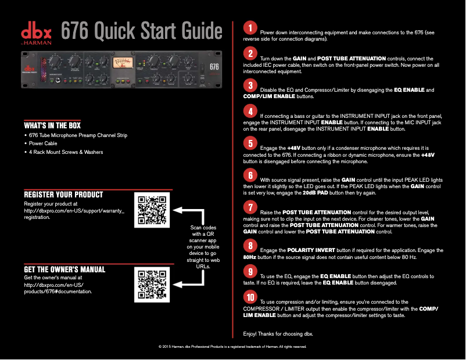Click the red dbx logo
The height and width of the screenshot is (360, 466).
point(37,32)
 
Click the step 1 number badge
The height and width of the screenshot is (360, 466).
point(249,28)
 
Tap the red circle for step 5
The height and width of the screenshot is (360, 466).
point(249,143)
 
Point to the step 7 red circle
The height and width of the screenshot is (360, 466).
point(249,207)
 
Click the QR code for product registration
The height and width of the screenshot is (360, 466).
point(151,209)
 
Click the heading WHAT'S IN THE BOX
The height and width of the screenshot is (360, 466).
point(52,125)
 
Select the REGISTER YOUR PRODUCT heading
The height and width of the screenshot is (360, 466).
point(63,195)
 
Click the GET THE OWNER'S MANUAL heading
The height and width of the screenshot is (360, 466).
point(64,269)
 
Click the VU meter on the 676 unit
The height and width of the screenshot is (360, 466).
point(122,64)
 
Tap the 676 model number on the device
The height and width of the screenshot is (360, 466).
point(214,66)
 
